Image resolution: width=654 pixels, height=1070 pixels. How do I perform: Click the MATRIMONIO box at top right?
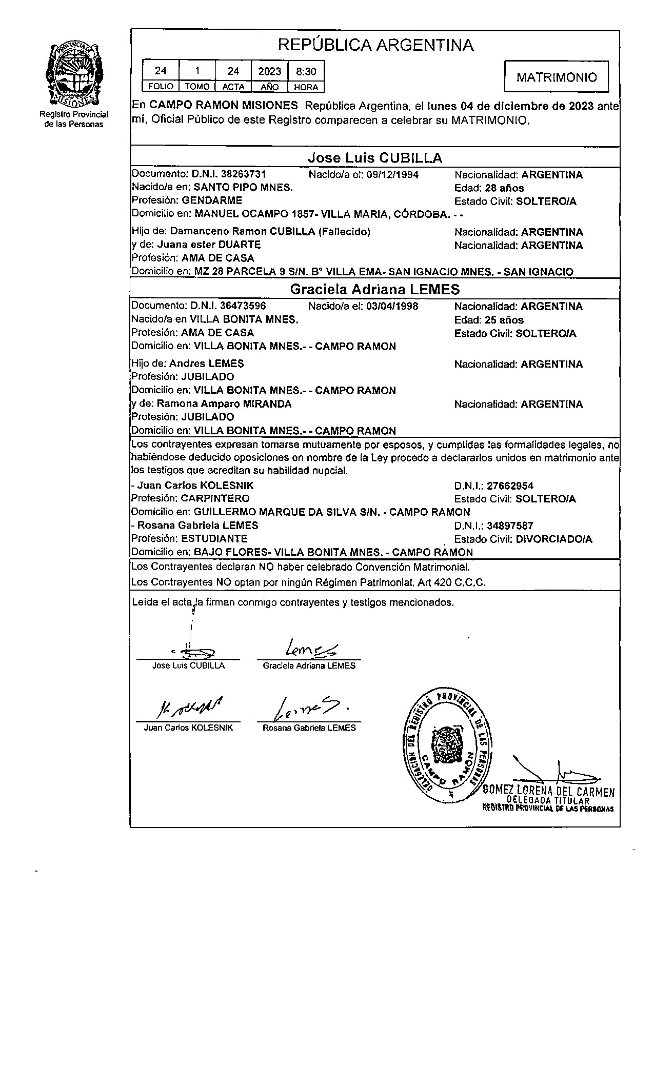tap(557, 77)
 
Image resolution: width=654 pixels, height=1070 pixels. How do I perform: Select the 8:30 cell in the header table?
tap(306, 71)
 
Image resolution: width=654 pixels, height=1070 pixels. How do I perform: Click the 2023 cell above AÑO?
tap(269, 71)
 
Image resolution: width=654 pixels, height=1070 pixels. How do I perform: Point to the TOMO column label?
tap(197, 87)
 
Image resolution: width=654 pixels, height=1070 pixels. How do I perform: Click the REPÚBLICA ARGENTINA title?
tap(375, 45)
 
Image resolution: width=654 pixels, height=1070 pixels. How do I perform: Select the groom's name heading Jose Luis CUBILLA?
tap(375, 157)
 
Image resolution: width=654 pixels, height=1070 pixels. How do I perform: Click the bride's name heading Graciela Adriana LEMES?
tap(375, 290)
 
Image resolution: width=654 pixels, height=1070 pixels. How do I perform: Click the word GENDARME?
tap(212, 200)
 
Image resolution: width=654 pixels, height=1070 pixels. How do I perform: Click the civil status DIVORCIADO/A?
tap(554, 539)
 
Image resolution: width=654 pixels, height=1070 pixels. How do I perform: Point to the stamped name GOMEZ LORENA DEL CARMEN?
tap(548, 792)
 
